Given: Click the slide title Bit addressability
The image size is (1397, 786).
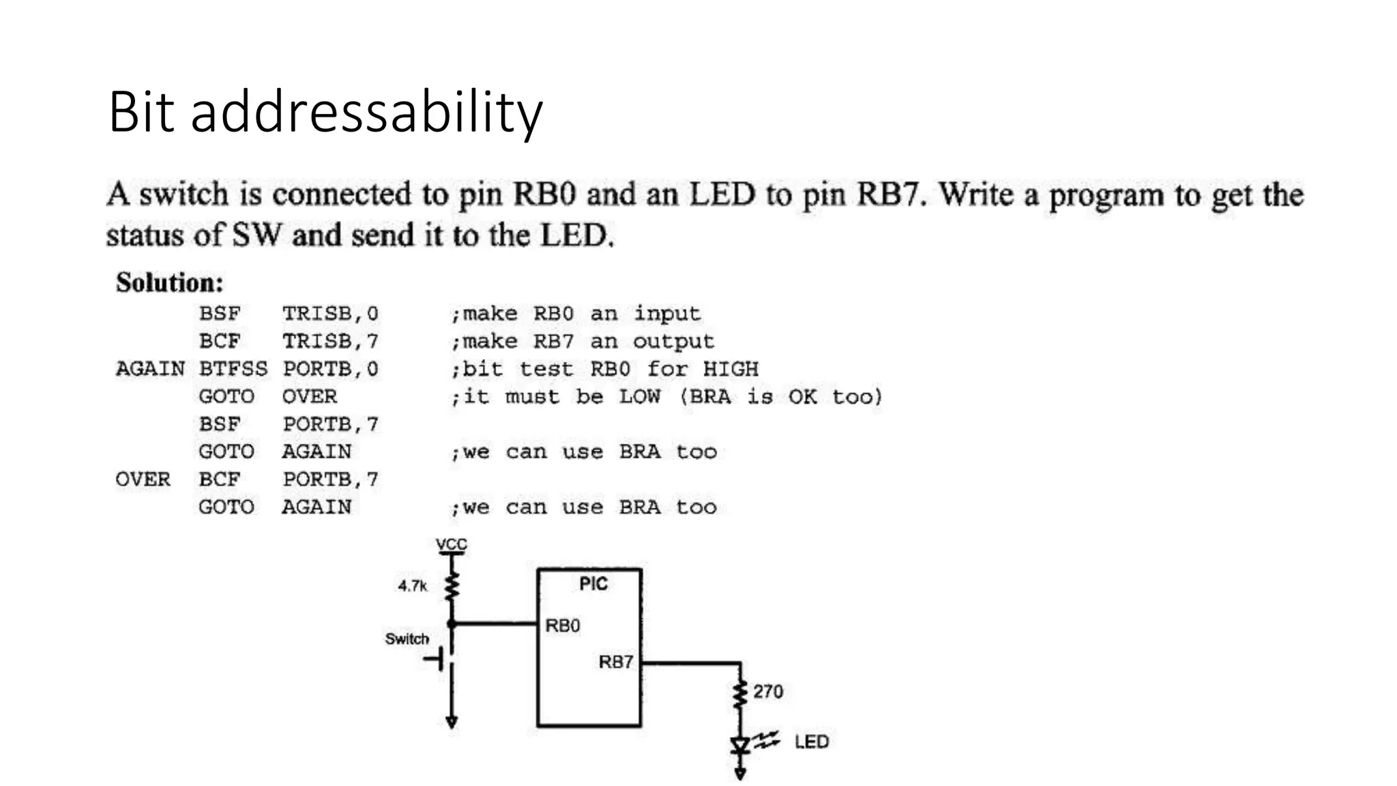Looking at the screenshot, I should coord(325,111).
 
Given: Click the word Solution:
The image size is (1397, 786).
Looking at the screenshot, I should coord(169,282).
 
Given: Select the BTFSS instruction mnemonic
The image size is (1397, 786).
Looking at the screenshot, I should coord(233,369).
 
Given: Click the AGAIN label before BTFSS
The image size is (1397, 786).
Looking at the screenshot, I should coord(150,369).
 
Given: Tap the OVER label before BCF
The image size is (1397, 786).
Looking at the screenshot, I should coord(143,480).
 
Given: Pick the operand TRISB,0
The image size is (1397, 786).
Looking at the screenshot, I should coord(330,314).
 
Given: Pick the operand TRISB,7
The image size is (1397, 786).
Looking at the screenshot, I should coord(330,341).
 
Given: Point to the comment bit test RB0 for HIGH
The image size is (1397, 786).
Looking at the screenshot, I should coord(604,369).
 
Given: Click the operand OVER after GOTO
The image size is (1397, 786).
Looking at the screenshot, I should coord(309,396).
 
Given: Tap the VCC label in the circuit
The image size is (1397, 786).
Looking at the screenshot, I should coord(451,544).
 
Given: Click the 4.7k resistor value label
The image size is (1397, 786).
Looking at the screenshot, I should coord(412,585).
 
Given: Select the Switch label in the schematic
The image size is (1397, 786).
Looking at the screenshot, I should coord(407,639).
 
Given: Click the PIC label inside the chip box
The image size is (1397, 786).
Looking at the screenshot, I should coord(593,584).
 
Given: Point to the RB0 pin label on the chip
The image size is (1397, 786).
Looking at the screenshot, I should coord(562,626).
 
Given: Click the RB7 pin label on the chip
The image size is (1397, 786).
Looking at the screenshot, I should coord(615,662).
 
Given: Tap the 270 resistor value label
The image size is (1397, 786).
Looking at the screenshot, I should coord(767,692).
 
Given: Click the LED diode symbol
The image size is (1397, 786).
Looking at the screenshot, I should coord(740,746).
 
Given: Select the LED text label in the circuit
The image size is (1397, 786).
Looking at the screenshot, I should coord(811,742).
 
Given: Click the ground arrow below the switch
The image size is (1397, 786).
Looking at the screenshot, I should coord(451,722).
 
